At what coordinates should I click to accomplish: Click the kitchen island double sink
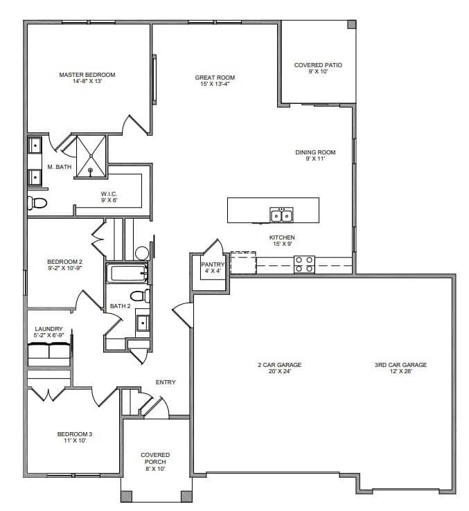tap(281, 215)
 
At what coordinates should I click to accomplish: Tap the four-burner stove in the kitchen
tap(304, 265)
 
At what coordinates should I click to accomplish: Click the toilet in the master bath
tap(37, 203)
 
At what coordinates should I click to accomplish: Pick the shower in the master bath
tap(91, 156)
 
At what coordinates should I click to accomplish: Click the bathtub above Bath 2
tap(126, 273)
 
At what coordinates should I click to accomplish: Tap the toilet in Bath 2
tap(140, 296)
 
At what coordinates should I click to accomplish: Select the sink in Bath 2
tap(143, 323)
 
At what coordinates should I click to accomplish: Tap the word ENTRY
tap(166, 382)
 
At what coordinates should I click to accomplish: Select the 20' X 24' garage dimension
tap(280, 371)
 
